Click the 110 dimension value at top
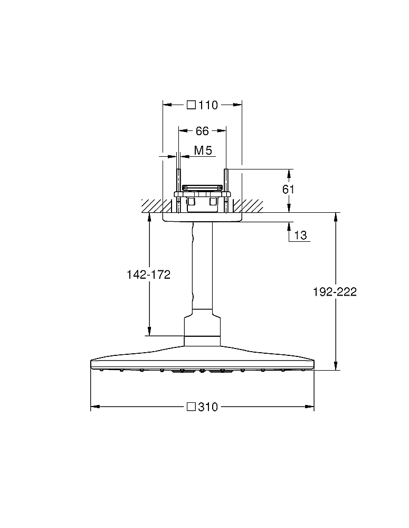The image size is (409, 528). click(208, 105)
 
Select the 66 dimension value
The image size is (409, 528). click(202, 131)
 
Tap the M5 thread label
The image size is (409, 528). click(203, 150)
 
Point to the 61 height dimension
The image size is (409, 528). click(288, 190)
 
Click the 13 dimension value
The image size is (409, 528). click(301, 235)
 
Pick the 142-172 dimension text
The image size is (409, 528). click(148, 275)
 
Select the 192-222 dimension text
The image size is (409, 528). click(335, 291)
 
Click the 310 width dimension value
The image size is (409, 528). click(208, 407)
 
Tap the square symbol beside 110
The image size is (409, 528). click(191, 105)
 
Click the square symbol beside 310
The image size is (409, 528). click(191, 407)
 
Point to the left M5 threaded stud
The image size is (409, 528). click(178, 191)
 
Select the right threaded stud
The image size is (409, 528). click(226, 191)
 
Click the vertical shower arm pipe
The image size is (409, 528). click(202, 265)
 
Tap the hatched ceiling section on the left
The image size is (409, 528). click(152, 206)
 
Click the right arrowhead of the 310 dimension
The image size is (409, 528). click(309, 407)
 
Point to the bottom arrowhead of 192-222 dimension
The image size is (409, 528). click(335, 366)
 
